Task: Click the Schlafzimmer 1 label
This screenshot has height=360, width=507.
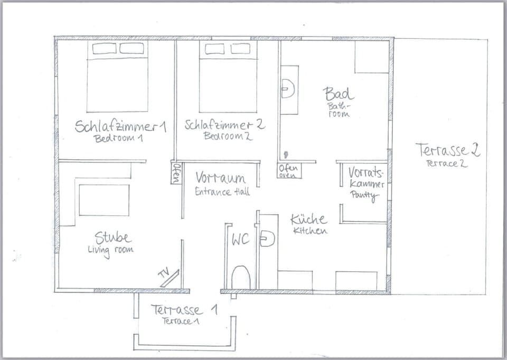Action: (120, 126)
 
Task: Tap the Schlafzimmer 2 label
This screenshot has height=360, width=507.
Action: (224, 125)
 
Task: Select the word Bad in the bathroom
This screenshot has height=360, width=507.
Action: (338, 94)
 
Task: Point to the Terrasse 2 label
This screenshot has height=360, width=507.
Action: (447, 150)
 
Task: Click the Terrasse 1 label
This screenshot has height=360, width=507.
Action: (183, 310)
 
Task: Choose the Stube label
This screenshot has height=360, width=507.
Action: (112, 237)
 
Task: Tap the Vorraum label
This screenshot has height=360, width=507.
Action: (220, 178)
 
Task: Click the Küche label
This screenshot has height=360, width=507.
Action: (308, 219)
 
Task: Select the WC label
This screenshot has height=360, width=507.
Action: (240, 239)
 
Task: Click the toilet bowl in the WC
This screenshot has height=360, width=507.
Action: (241, 278)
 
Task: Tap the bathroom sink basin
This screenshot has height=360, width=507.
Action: (287, 88)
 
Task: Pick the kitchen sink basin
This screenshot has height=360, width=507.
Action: (268, 239)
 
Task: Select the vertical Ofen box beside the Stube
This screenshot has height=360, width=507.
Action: (176, 173)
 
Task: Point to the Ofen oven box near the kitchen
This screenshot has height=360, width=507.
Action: (289, 171)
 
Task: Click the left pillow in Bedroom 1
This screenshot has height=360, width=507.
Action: (104, 49)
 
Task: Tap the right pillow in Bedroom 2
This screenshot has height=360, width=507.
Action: (240, 49)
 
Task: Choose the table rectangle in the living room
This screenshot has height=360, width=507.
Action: (104, 200)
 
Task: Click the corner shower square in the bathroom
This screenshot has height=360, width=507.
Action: (372, 57)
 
